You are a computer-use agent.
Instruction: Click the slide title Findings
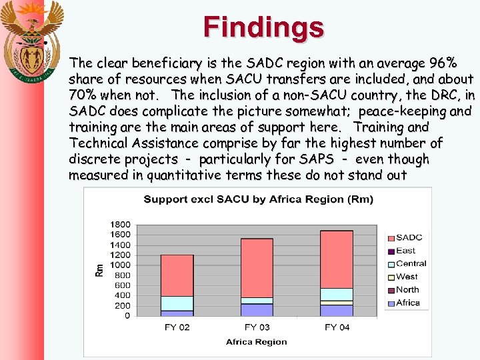264,27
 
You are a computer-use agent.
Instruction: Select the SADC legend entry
408,237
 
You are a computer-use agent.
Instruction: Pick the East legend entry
405,251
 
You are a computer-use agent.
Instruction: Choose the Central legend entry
410,263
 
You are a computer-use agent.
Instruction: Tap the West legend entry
406,277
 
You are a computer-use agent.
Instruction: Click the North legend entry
407,289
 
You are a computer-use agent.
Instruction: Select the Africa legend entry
407,303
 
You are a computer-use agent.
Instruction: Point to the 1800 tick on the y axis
121,224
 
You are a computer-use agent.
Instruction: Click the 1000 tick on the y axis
121,265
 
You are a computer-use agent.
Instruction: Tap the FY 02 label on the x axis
177,327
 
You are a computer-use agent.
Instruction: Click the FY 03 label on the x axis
257,327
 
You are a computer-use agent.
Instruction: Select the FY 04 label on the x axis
337,327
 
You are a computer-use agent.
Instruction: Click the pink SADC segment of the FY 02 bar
177,275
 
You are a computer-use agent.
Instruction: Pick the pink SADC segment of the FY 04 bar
337,259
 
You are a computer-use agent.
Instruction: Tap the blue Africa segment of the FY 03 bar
257,310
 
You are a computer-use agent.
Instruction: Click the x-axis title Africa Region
256,342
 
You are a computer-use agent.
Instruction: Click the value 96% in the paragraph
443,64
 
